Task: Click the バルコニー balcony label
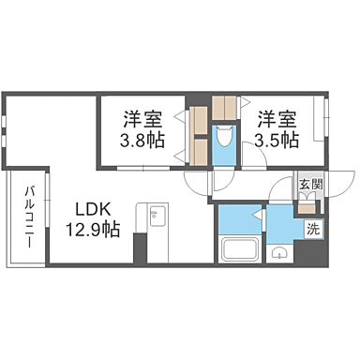click(31, 215)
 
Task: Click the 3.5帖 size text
click(277, 140)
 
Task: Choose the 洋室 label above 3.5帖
click(277, 118)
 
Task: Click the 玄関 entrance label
click(309, 185)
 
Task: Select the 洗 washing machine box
click(313, 228)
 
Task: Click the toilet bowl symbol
click(222, 140)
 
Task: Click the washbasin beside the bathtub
click(278, 253)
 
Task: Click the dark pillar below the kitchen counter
click(141, 248)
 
